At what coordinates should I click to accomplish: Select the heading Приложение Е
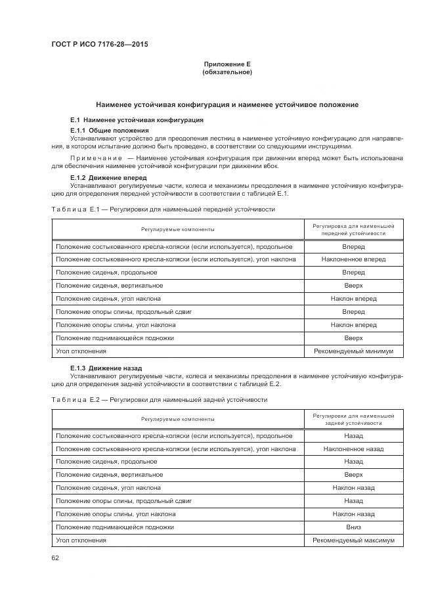227,64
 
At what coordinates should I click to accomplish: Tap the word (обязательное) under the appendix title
227,72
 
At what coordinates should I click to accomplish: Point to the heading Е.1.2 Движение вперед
108,177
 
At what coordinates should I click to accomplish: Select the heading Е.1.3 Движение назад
106,368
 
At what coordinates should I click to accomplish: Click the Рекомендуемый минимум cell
353,351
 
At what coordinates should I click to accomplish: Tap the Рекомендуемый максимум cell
353,540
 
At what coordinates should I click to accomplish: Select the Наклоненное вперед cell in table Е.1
353,259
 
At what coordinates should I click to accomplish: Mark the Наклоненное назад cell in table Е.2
353,449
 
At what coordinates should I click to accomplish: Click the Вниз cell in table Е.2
353,527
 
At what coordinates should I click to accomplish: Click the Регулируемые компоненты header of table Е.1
177,229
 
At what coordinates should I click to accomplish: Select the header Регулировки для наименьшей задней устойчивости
353,420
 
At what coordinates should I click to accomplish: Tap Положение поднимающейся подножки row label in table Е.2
115,527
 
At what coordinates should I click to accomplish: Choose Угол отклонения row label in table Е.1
81,351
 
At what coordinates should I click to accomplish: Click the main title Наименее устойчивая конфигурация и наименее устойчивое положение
227,104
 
